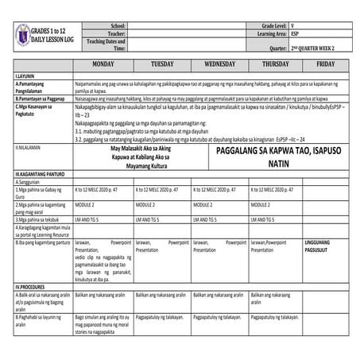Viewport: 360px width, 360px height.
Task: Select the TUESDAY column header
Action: point(161,63)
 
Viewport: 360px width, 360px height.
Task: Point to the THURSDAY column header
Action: point(275,63)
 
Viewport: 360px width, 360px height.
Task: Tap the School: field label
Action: point(117,26)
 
